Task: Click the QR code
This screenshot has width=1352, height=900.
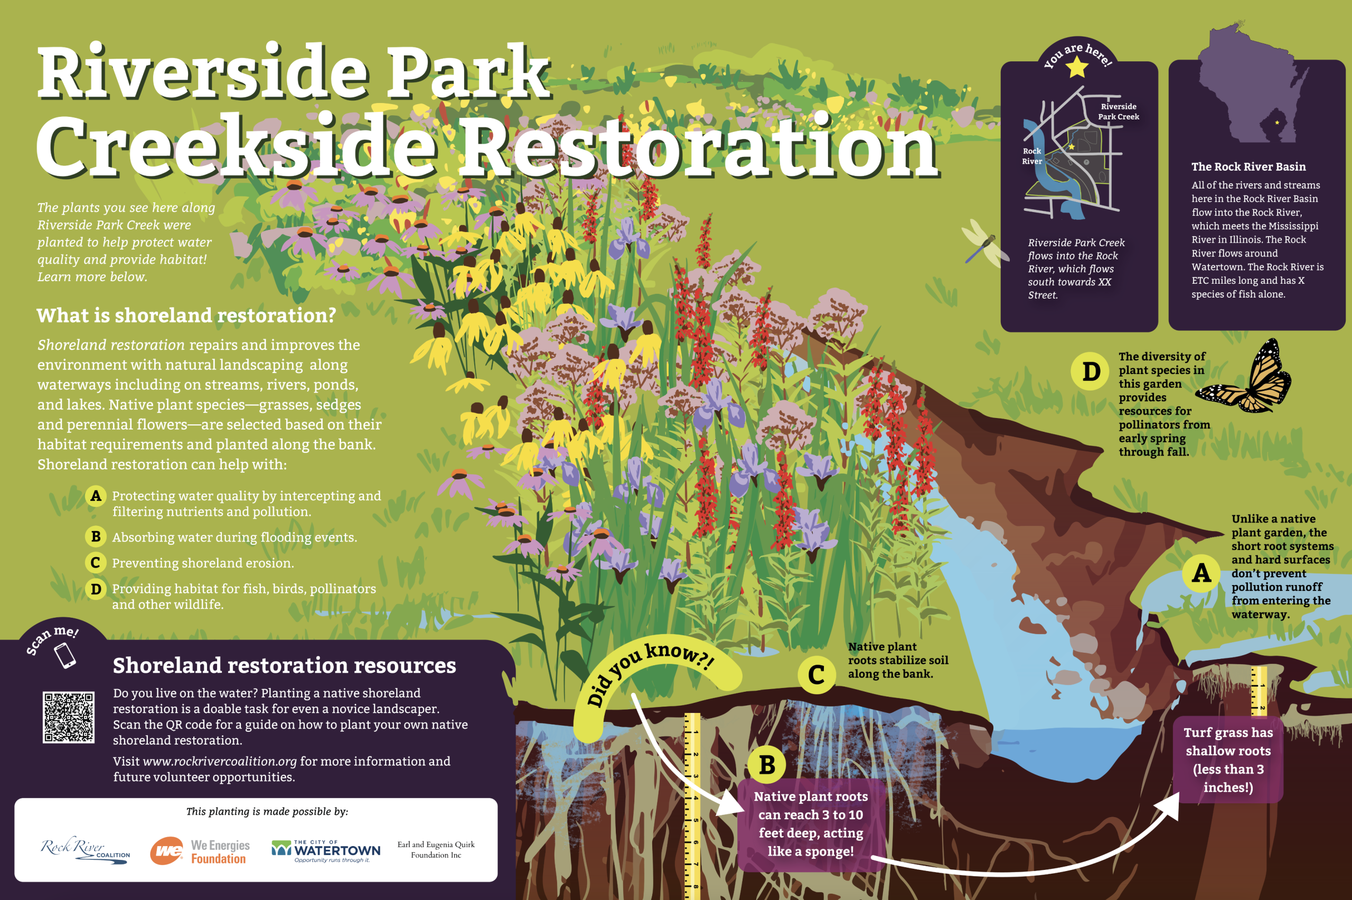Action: coord(68,718)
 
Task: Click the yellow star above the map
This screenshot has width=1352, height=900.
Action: coord(1077,67)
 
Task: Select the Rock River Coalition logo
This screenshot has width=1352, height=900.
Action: coord(85,849)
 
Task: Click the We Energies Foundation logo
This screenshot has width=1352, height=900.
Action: coord(200,851)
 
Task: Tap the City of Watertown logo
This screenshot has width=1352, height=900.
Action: coord(326,851)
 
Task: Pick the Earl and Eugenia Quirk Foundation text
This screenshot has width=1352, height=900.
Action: coord(436,849)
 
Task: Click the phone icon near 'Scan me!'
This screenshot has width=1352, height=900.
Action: coord(65,655)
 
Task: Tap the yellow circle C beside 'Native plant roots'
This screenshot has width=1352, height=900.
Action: coord(816,674)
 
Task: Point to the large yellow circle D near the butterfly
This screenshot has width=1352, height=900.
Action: coord(1091,372)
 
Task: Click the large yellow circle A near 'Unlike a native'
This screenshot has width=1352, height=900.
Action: coord(1201,573)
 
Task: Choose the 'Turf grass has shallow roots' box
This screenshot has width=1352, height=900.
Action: coord(1228,759)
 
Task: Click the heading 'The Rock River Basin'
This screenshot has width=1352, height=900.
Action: coord(1248,166)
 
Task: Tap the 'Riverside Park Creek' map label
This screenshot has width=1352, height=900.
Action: coord(1119,112)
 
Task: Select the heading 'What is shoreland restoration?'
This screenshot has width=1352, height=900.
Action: coord(186,315)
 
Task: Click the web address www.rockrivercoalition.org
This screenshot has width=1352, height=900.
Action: coord(220,761)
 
